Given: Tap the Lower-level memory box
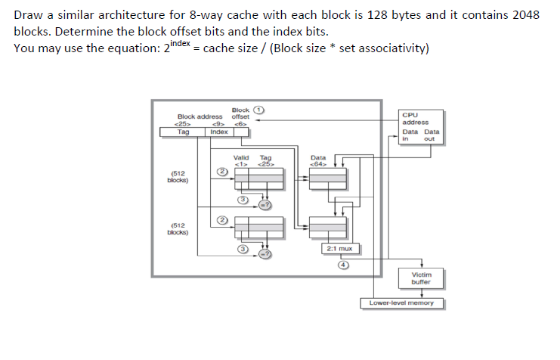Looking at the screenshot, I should (x=401, y=303).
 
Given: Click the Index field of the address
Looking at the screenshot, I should (x=218, y=132).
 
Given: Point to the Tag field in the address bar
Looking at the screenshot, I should (x=183, y=132).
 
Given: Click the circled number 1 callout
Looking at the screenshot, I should (x=259, y=110).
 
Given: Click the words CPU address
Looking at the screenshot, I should (x=416, y=119).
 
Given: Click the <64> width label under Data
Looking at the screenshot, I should (x=318, y=164).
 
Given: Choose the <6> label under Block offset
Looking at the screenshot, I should (x=240, y=123).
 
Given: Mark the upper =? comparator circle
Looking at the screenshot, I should (x=265, y=205).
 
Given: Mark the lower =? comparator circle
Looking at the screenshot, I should (x=265, y=255).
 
